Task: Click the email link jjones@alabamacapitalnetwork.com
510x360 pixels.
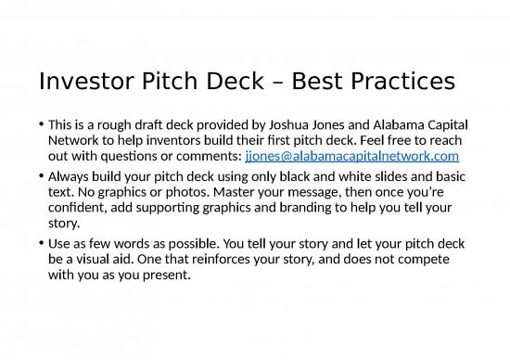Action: (352, 156)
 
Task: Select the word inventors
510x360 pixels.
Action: (141, 140)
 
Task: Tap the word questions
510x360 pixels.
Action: (120, 156)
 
